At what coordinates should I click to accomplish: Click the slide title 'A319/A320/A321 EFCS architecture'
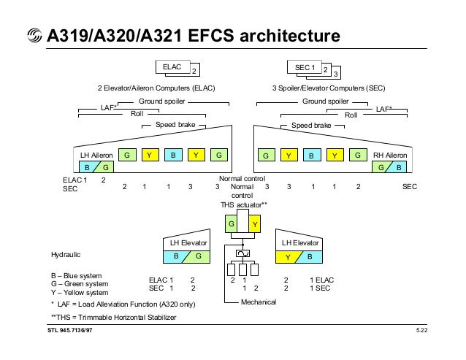[x=193, y=36]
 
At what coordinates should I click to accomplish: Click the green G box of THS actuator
[x=232, y=223]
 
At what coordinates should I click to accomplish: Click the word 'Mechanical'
[x=258, y=302]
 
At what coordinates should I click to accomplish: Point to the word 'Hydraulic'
[x=66, y=255]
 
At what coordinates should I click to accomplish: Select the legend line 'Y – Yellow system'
[x=77, y=291]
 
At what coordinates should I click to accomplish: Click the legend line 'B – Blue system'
[x=72, y=275]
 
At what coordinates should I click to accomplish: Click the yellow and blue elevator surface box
[x=298, y=256]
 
